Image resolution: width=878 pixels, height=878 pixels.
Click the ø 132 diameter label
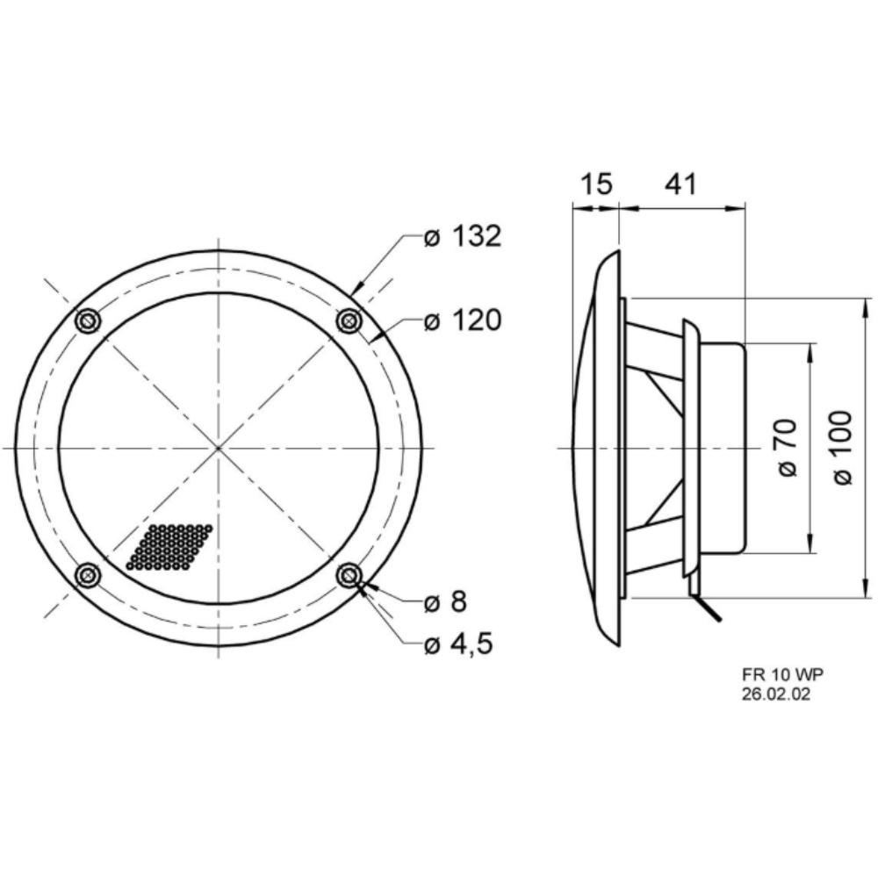462,237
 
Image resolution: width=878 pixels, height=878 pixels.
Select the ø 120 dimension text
462,321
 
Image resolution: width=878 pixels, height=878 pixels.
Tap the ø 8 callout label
445,602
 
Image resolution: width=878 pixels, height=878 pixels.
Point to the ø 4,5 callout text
458,644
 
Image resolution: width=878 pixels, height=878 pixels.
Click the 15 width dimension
596,184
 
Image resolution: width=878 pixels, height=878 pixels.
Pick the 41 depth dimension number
680,184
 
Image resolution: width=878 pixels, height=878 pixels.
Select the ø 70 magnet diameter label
788,448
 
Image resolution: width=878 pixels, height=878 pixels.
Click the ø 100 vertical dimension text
842,448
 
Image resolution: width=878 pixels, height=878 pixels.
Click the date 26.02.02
776,694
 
